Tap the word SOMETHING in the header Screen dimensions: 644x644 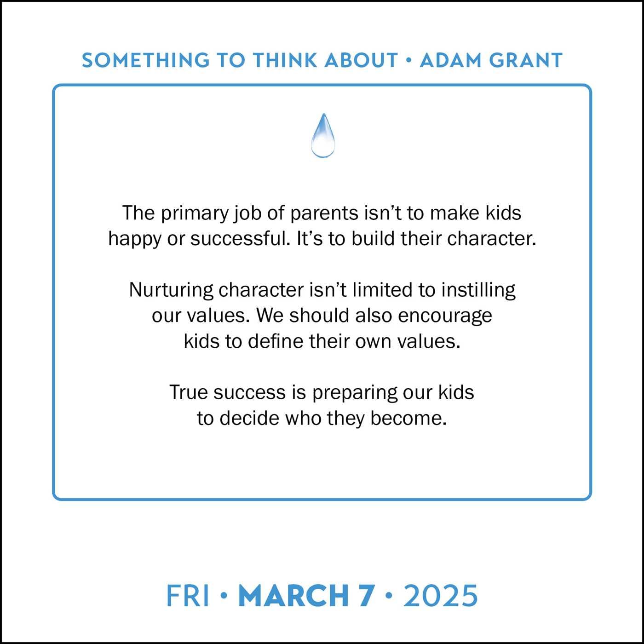pos(146,60)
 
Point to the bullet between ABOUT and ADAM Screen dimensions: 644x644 pos(408,60)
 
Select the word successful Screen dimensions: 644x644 pos(241,239)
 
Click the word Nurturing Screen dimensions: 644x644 pos(171,290)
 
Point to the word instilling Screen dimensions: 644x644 pos(478,290)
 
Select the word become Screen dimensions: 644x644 pos(408,418)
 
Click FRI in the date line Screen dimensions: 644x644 pos(188,596)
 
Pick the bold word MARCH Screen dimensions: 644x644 pos(293,596)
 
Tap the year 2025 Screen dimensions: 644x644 pos(441,596)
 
